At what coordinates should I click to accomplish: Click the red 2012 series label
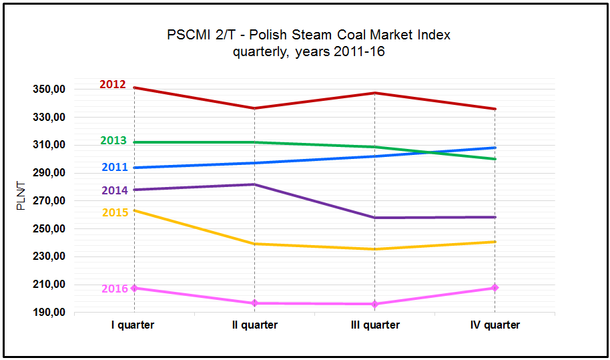(113, 85)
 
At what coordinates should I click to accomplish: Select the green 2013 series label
(113, 141)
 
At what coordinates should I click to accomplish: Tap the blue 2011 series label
(115, 168)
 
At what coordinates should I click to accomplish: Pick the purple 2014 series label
(115, 190)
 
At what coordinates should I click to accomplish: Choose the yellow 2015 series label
(115, 212)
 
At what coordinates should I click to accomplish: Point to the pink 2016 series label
(115, 289)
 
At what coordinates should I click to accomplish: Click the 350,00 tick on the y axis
(49, 89)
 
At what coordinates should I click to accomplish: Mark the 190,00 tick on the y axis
(49, 313)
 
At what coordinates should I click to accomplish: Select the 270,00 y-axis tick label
(49, 201)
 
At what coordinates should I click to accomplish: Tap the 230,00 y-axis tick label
(49, 256)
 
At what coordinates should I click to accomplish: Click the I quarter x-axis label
(133, 325)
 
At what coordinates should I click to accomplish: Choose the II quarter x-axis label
(254, 325)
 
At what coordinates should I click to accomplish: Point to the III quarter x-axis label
(374, 325)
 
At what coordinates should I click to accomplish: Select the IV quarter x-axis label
(495, 325)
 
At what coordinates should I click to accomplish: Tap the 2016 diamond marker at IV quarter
(495, 288)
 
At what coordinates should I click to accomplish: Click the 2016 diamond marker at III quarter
(374, 304)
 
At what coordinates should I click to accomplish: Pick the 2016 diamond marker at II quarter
(254, 303)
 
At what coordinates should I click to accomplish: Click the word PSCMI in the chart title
(188, 35)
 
